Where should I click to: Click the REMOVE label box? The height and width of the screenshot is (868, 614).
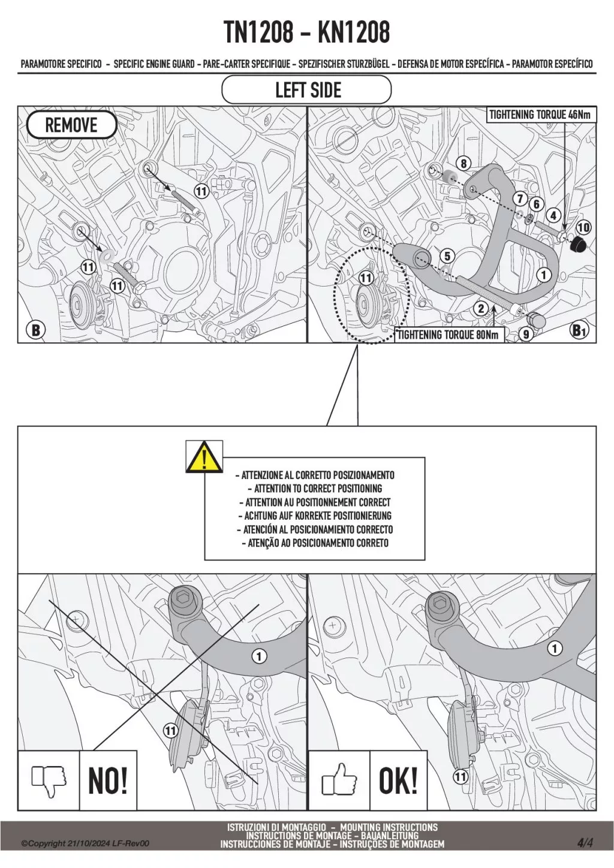pos(71,125)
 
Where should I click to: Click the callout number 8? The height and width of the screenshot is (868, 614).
pos(463,164)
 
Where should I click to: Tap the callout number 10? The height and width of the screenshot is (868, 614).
pos(584,227)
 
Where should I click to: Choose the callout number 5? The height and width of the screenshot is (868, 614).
pos(447,256)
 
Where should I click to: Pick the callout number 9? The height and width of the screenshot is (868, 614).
pos(526,334)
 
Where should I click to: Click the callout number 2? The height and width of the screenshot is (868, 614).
pos(481,309)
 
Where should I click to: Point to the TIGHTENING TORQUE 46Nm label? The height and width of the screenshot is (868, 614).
pos(540,114)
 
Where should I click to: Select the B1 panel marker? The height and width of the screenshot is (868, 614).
pos(578,330)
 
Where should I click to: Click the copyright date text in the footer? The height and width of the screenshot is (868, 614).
pos(86,854)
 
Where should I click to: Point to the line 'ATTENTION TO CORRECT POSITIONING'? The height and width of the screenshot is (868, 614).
pos(315,488)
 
